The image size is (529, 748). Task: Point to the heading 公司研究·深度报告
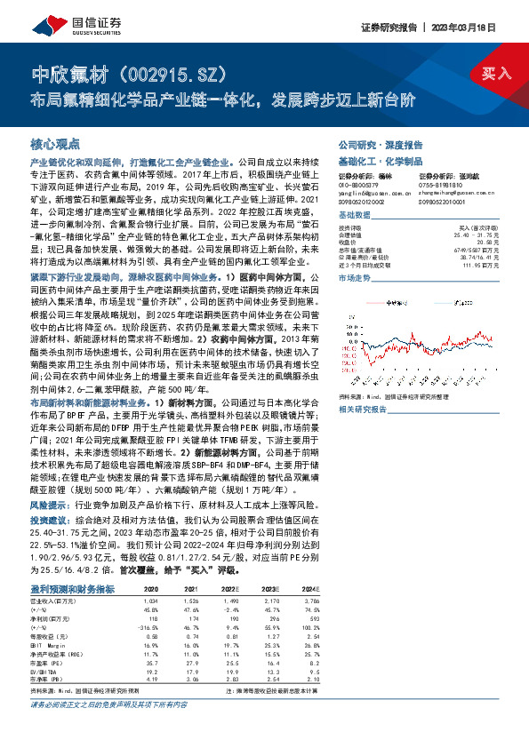pos(381,144)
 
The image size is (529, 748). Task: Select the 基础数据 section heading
pos(357,216)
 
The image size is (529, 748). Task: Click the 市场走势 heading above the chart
pos(357,279)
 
